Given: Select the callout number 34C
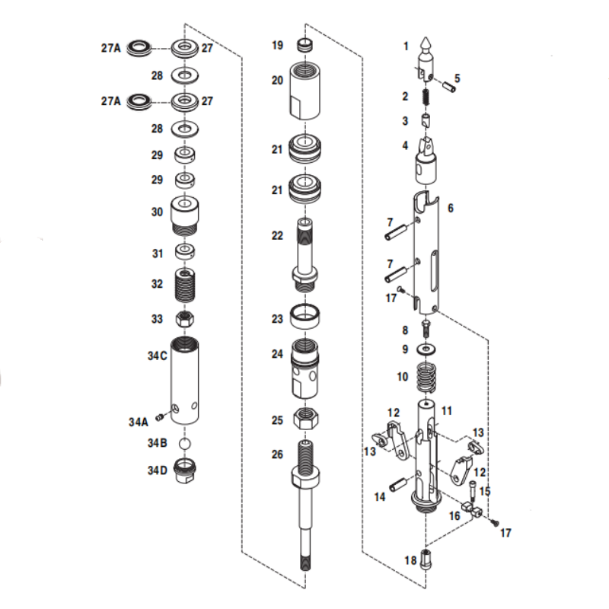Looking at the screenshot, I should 157,356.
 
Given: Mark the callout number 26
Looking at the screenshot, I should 277,455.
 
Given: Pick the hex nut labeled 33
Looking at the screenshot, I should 183,319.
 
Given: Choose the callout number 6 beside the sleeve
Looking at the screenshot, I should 451,208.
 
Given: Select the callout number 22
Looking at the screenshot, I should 278,235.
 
